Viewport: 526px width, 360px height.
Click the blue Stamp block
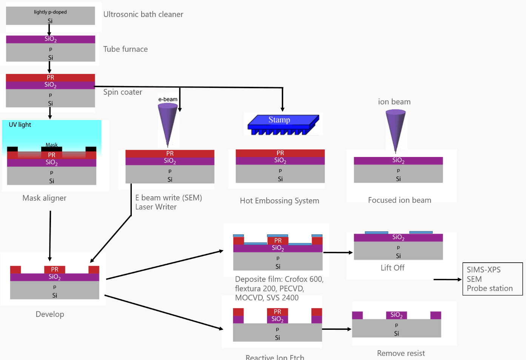tap(282, 124)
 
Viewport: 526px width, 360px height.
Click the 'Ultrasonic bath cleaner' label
tap(143, 14)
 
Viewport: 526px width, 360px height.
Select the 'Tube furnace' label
tap(125, 49)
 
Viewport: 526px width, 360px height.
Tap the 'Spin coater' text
tap(123, 92)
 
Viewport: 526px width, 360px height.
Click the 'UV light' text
tap(20, 125)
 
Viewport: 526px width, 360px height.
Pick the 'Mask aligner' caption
tap(44, 198)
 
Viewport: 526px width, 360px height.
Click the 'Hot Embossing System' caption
tap(279, 201)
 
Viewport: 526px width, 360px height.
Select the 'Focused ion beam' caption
tap(400, 200)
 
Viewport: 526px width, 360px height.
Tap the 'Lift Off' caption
tap(392, 268)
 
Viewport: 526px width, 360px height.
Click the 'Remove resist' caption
tap(401, 353)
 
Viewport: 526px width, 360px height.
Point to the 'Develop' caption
tap(50, 314)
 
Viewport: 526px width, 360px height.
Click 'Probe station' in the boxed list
tap(489, 288)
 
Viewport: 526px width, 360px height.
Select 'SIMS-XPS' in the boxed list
tap(483, 270)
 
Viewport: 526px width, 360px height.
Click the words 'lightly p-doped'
tap(50, 12)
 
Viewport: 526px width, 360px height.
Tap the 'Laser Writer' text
tap(156, 207)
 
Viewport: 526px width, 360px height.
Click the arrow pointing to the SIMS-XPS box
tap(447, 280)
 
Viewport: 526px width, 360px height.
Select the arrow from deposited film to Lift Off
tap(338, 252)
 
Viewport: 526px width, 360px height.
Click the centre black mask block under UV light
tap(52, 148)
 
